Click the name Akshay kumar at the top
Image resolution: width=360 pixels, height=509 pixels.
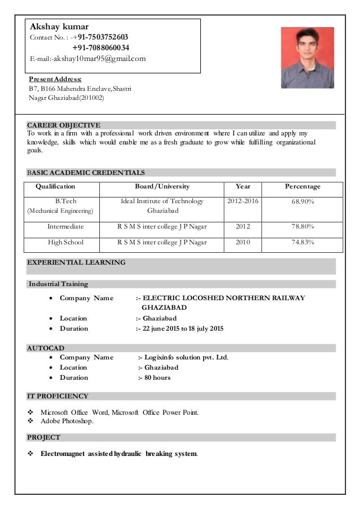pos(59,26)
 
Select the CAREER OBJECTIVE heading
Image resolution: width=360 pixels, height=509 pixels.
pos(64,125)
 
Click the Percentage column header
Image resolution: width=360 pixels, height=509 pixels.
pos(302,186)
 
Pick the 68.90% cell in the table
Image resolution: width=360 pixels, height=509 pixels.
pos(302,201)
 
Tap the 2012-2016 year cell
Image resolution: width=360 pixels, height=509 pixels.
pos(243,200)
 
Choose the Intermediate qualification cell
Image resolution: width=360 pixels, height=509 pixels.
pos(65,226)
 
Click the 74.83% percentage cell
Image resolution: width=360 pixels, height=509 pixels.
pos(302,242)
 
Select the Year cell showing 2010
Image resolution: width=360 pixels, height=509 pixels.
pos(243,242)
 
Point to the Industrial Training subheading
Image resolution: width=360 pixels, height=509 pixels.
pos(58,284)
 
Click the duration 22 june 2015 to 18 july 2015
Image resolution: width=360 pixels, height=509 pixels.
pos(183,328)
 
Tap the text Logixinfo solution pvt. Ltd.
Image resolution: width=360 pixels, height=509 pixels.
pos(186,357)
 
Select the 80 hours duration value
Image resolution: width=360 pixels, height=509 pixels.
pos(157,378)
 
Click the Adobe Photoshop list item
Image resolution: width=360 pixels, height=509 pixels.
pos(67,421)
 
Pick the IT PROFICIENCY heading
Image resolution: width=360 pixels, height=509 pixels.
pos(58,396)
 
